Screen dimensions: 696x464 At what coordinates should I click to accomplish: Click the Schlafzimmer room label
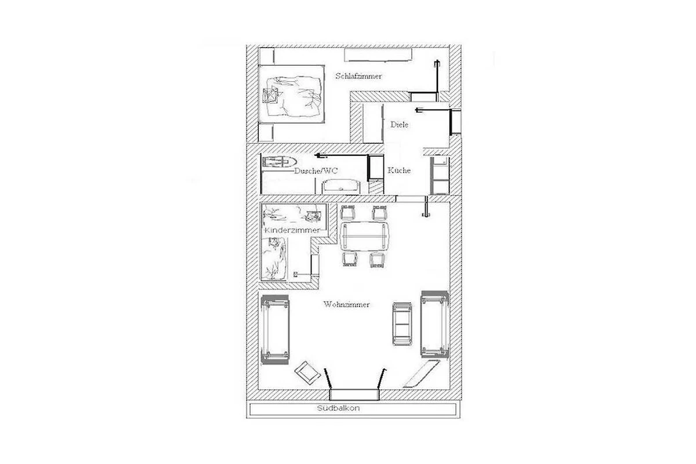click(358, 76)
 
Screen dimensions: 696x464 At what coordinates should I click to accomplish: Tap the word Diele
click(399, 125)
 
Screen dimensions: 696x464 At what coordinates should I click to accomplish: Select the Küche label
click(399, 171)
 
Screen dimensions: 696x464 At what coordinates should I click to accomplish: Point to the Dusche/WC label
click(316, 171)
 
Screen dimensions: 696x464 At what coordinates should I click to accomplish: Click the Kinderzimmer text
click(292, 230)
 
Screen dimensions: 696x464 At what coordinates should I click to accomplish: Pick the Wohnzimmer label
click(346, 304)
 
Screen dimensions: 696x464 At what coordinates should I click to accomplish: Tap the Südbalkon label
click(338, 408)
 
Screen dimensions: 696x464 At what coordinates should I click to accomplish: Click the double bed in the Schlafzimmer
click(291, 94)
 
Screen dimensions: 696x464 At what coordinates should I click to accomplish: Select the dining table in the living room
click(364, 236)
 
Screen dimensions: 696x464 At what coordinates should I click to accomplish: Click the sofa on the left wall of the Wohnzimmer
click(275, 329)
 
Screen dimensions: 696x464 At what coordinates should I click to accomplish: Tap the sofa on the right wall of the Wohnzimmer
click(434, 324)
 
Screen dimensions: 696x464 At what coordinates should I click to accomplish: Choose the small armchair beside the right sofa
click(403, 324)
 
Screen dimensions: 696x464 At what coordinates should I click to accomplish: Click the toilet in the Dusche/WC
click(280, 162)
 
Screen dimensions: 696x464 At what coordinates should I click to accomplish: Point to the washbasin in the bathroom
click(342, 187)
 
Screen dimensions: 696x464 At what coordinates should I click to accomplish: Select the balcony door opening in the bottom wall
click(354, 395)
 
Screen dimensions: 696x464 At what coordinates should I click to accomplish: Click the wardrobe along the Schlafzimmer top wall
click(378, 55)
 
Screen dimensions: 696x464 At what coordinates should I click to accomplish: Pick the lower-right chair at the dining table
click(378, 259)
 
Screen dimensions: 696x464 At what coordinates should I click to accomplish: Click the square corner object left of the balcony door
click(307, 374)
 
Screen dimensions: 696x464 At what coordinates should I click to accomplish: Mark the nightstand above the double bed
click(267, 56)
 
